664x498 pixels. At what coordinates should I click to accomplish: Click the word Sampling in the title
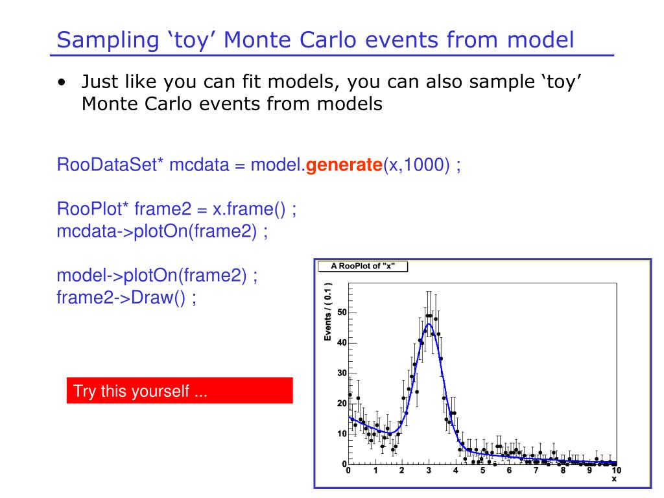108,41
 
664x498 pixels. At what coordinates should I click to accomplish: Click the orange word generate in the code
344,165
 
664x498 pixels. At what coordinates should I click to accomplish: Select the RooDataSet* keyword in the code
110,164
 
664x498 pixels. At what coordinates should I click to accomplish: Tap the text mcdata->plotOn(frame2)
157,231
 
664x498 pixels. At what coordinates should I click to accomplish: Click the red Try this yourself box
180,390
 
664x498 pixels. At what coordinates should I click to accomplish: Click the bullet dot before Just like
62,82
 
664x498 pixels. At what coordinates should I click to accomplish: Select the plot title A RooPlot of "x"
362,266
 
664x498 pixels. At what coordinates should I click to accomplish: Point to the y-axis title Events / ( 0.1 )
327,312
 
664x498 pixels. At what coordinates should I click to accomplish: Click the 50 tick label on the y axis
342,313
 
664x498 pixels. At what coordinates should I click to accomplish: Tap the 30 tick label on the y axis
342,373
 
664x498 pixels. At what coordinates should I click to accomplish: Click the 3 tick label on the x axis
429,470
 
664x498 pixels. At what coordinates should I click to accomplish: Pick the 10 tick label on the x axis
616,470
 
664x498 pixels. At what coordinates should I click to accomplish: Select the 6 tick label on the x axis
509,470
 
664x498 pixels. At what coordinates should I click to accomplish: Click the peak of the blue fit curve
429,324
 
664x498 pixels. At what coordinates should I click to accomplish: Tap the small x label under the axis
614,479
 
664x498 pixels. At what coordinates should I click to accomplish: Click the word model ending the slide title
540,40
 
